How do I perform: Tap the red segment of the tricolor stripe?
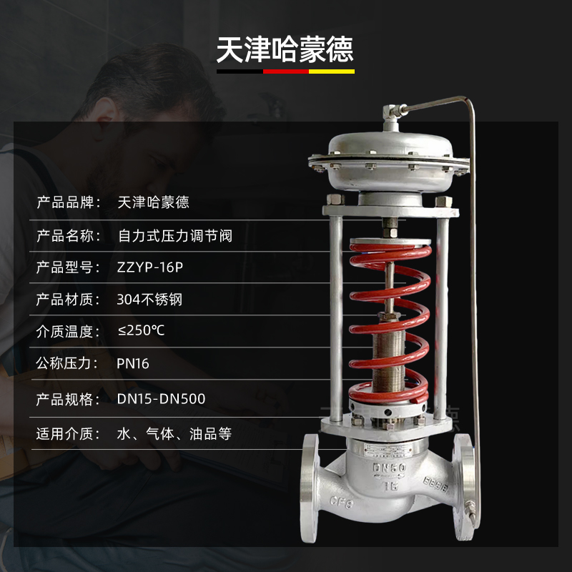coord(286,71)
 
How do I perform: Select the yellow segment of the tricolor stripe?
coord(332,71)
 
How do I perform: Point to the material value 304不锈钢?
coord(149,300)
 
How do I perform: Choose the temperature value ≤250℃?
coord(145,332)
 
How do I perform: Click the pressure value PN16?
coord(133,364)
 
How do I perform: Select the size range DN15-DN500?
coord(161,399)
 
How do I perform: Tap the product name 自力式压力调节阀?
coord(174,235)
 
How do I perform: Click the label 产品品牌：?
coord(71,202)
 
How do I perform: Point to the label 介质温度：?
coord(71,332)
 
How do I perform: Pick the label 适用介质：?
coord(71,434)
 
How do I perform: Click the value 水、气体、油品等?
coord(174,434)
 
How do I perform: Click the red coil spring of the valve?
coord(390,322)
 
